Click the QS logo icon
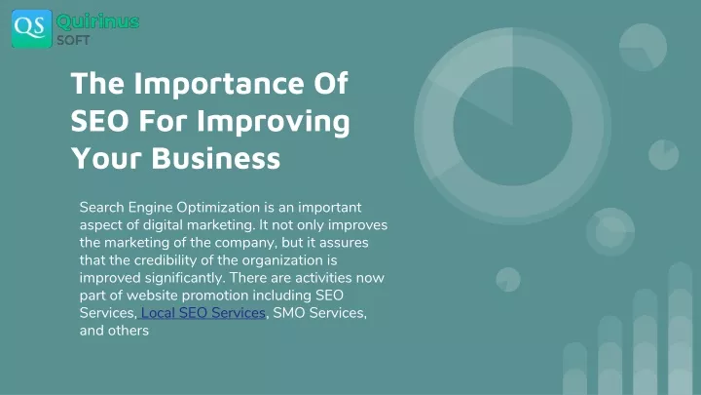(x=32, y=28)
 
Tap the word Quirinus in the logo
(x=98, y=21)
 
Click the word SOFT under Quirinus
(x=73, y=40)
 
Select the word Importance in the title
(x=219, y=84)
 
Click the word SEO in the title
(x=99, y=121)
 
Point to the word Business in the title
(x=216, y=158)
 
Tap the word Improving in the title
(x=274, y=122)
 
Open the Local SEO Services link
(x=203, y=313)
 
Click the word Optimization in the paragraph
(x=218, y=208)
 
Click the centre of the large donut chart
(x=513, y=126)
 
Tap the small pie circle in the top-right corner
(x=643, y=48)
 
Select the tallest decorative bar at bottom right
(x=680, y=329)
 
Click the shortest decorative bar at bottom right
(x=575, y=369)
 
